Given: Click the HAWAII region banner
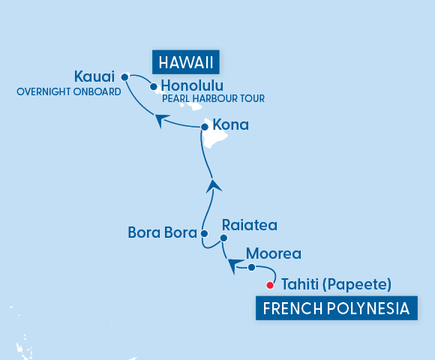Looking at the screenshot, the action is click(x=180, y=61).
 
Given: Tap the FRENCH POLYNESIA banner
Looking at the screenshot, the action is click(x=336, y=307).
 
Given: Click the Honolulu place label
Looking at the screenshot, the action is click(x=192, y=85).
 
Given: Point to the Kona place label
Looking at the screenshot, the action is click(x=231, y=124).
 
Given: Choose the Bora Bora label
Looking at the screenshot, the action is click(x=160, y=233).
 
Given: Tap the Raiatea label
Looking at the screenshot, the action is click(x=250, y=225).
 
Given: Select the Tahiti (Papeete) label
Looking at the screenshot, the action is click(x=335, y=284).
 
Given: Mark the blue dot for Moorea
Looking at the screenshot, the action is click(x=252, y=267).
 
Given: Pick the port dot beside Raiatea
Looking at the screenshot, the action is click(x=223, y=238).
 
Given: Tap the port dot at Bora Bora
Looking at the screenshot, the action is click(x=204, y=234).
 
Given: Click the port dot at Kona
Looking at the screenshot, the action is click(x=204, y=127).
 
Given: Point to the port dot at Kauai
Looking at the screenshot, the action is click(x=124, y=76).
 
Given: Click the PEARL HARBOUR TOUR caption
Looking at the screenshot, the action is click(x=213, y=98).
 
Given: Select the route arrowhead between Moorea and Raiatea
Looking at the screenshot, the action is click(x=234, y=263).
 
